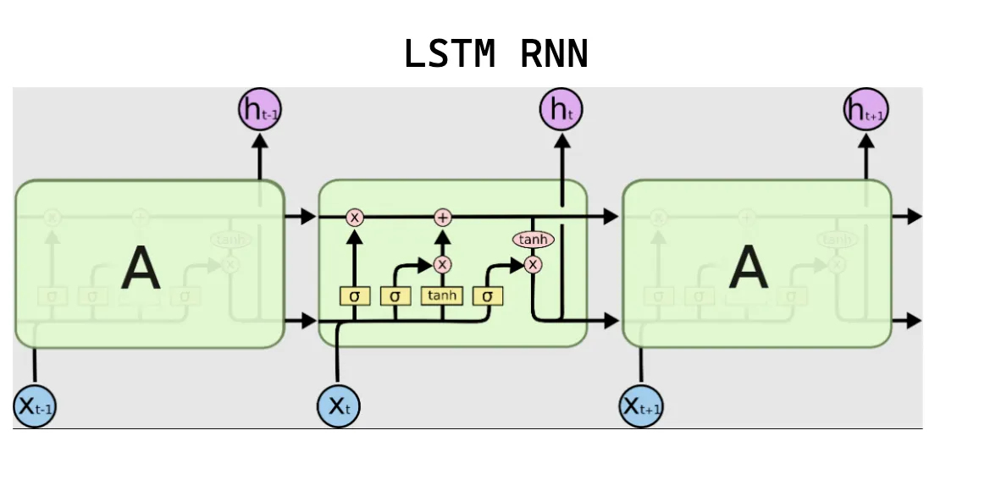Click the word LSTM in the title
tap(449, 55)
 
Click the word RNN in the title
tap(554, 55)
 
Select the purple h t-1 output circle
tap(260, 109)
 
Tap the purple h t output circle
tap(561, 109)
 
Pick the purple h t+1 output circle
tap(866, 110)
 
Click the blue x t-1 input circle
tap(35, 406)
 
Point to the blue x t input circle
tap(339, 406)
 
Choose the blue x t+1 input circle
tap(641, 406)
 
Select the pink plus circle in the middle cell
tap(442, 218)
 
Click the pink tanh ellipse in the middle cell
tap(533, 240)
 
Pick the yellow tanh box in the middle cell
tap(441, 295)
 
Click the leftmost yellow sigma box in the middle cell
tap(354, 296)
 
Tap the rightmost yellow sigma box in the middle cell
tap(488, 296)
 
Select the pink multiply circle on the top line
tap(355, 218)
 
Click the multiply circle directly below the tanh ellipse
tap(533, 265)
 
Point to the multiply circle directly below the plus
tap(442, 264)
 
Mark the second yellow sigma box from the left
tap(395, 296)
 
